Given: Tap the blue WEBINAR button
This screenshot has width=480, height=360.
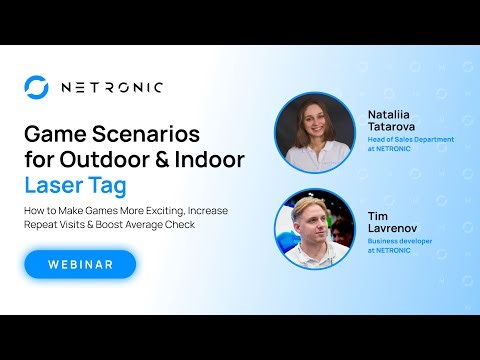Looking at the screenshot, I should coord(80,264).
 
